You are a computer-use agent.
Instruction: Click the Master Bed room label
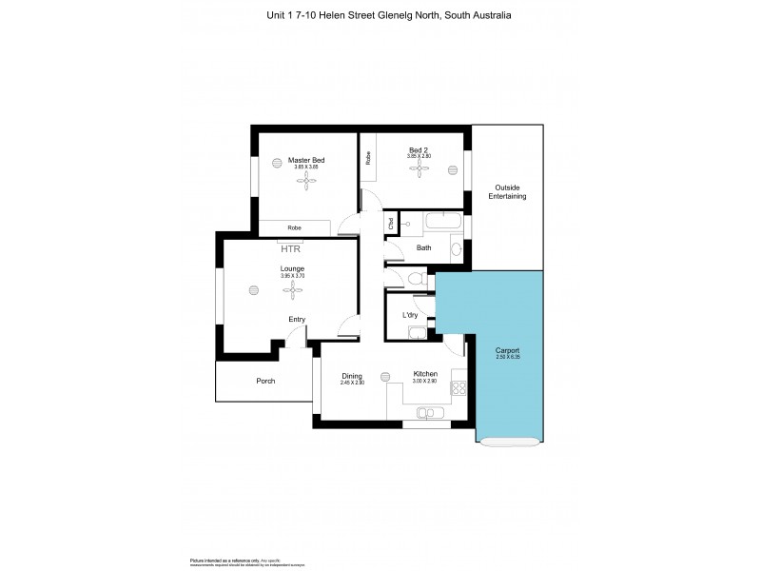(306, 160)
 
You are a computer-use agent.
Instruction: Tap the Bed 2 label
(419, 149)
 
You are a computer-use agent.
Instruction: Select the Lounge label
(291, 269)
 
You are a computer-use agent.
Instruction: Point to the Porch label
(265, 381)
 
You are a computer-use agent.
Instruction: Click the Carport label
(507, 351)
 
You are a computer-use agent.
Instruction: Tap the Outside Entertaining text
(507, 191)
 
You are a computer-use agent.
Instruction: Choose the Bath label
(423, 248)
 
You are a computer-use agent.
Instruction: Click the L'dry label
(411, 315)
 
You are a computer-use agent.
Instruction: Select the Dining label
(352, 375)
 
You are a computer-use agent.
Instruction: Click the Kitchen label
(424, 374)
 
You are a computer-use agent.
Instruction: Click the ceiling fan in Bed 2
(419, 167)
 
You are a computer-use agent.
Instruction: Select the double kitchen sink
(425, 412)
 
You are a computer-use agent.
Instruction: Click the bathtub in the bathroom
(444, 224)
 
